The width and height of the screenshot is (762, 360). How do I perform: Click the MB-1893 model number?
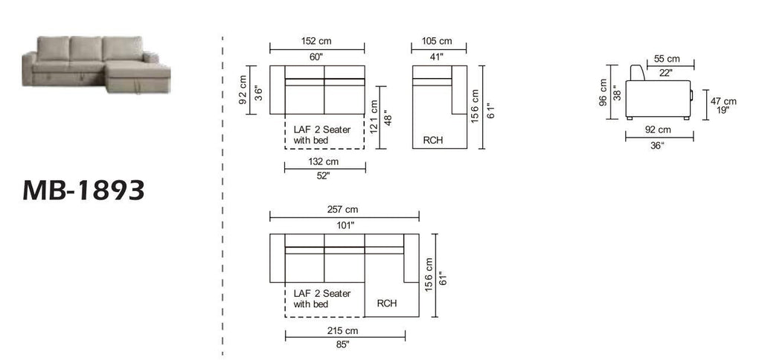[x=83, y=190]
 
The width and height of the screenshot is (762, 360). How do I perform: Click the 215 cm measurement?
[x=343, y=331]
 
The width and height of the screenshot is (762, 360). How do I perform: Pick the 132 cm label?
[x=323, y=162]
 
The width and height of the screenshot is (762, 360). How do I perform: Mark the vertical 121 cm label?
[x=374, y=118]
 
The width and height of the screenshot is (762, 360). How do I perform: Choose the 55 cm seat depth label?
[x=667, y=59]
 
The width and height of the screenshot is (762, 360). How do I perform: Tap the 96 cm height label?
[x=603, y=92]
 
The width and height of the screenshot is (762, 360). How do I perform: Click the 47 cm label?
[x=723, y=101]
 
